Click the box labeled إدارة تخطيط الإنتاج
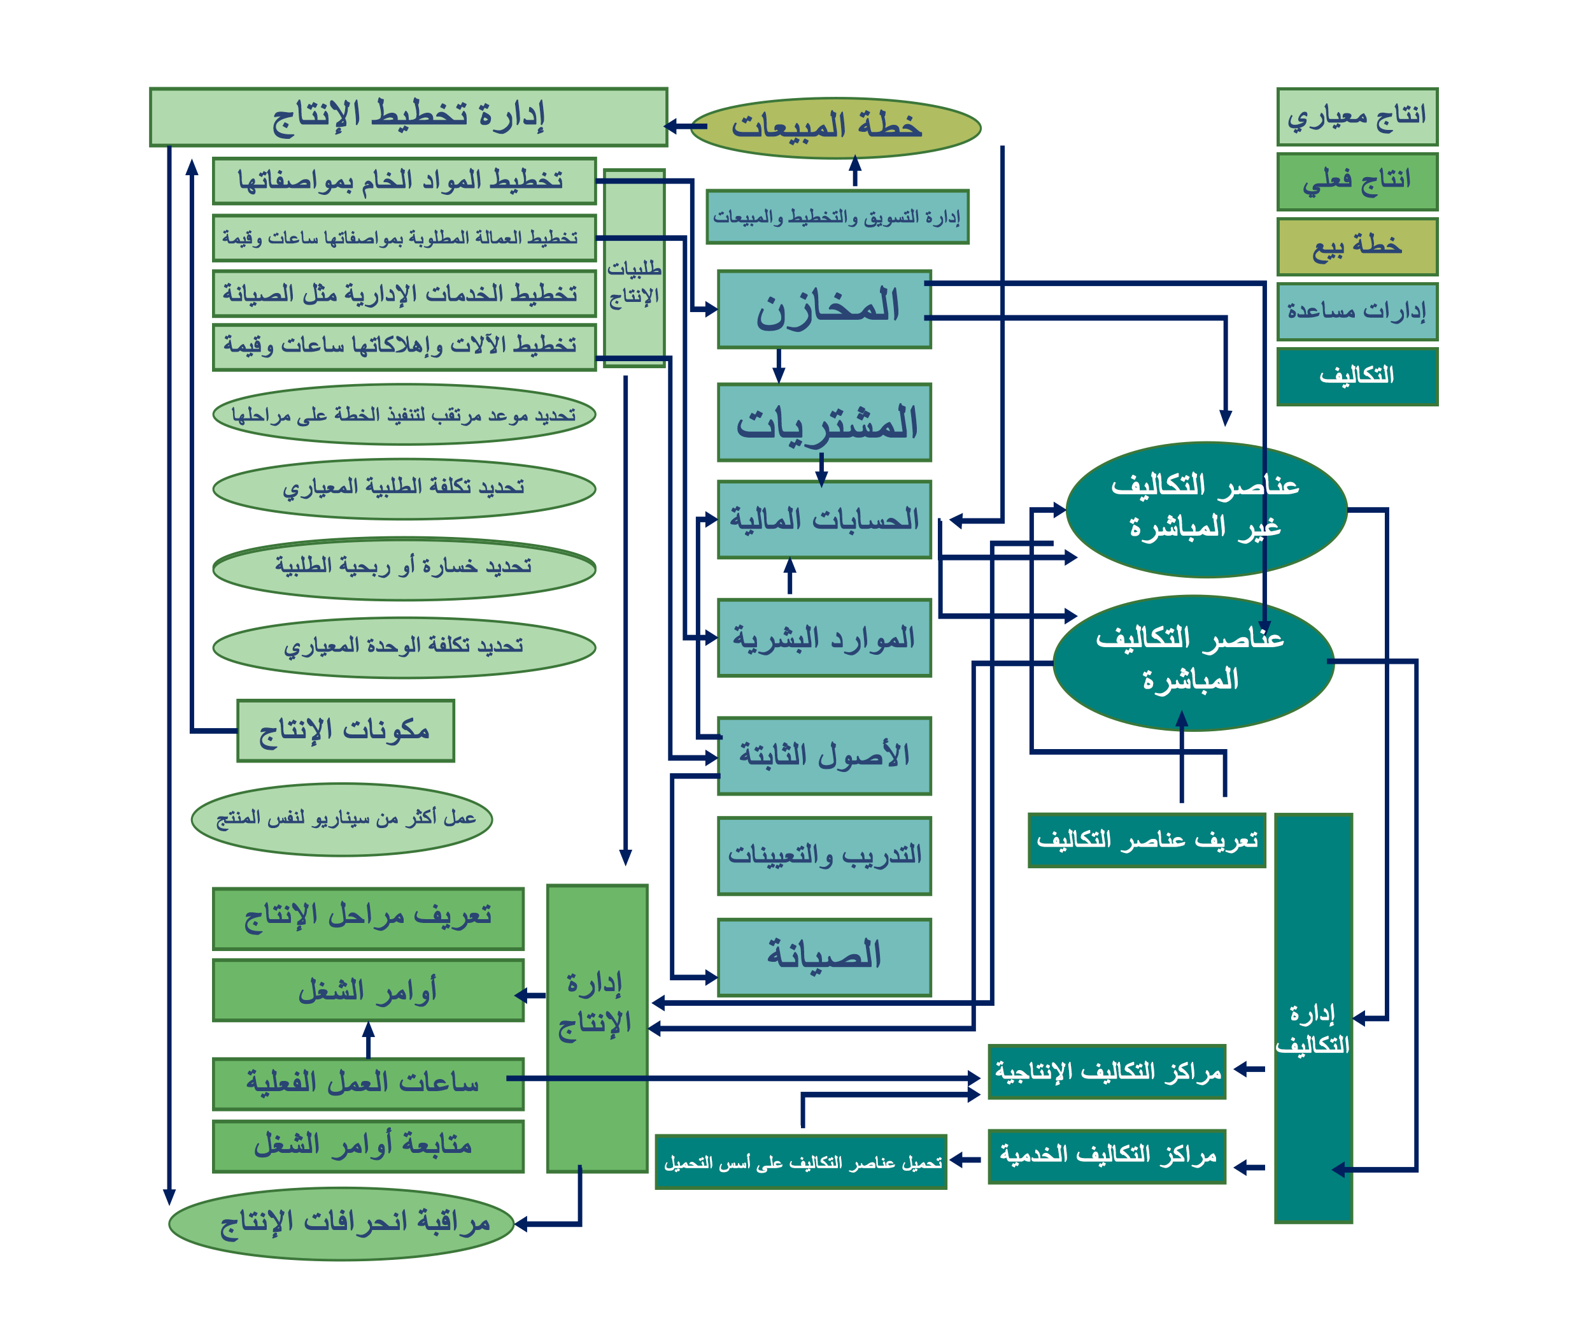[409, 117]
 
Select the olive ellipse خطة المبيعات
[835, 127]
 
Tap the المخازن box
[825, 309]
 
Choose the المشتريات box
[825, 422]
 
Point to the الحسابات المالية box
[825, 520]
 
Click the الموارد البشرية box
[825, 638]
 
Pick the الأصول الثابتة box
[825, 755]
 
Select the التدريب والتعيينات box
[825, 855]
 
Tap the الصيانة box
[825, 957]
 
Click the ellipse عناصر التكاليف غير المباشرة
[1206, 510]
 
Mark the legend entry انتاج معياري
[1357, 117]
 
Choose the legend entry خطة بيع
[1357, 247]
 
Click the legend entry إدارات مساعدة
[1357, 311]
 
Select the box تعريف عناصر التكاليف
[1147, 840]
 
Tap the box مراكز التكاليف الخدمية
[1107, 1156]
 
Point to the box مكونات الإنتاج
[346, 731]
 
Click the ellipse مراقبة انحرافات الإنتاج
[341, 1224]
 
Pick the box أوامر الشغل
[368, 990]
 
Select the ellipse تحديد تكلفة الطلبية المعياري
[404, 489]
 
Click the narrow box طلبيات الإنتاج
[635, 268]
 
